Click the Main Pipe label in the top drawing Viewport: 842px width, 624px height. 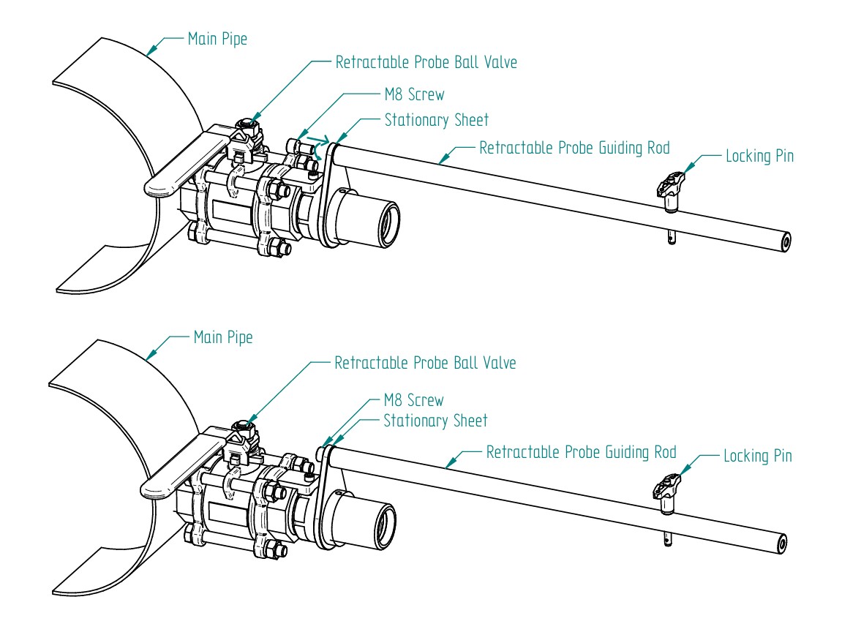pyautogui.click(x=217, y=39)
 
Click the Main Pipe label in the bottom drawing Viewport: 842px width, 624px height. pyautogui.click(x=222, y=338)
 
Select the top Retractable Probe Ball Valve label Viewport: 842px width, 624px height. pyautogui.click(x=426, y=62)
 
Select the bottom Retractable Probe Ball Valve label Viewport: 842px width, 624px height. pyautogui.click(x=425, y=363)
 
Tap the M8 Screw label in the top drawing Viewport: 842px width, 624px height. pyautogui.click(x=414, y=94)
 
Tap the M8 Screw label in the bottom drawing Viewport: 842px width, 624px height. pyautogui.click(x=413, y=401)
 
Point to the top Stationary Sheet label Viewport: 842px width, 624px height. pyautogui.click(x=436, y=120)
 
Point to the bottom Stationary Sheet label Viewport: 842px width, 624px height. pyautogui.click(x=435, y=421)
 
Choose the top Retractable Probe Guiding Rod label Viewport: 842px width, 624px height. pyautogui.click(x=574, y=148)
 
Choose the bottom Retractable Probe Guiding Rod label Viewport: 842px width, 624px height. pyautogui.click(x=581, y=452)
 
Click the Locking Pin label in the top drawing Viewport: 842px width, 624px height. pyautogui.click(x=759, y=156)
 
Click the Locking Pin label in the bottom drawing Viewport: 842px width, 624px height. pyautogui.click(x=757, y=456)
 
